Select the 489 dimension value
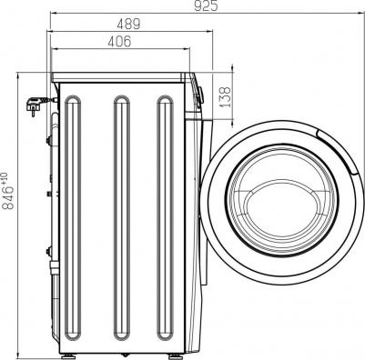point(129,25)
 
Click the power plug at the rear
point(37,106)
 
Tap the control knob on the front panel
point(200,92)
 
